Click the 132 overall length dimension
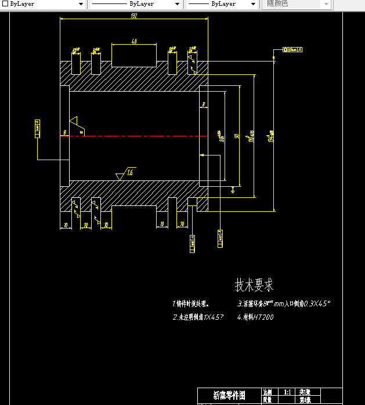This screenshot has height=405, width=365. pos(134,16)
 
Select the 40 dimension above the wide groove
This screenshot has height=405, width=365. pos(134,41)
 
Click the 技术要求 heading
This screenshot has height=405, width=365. pos(254,285)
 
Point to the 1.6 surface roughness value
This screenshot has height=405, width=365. pos(130,172)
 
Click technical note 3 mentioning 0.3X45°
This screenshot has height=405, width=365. pos(284,303)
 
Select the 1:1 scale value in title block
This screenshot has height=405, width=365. pos(287,392)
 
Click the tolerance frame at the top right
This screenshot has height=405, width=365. pos(292,50)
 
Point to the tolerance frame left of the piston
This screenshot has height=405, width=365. pos(38,129)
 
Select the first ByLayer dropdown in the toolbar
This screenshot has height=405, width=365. pos(44,4)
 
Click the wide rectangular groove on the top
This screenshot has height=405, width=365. pos(134,56)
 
